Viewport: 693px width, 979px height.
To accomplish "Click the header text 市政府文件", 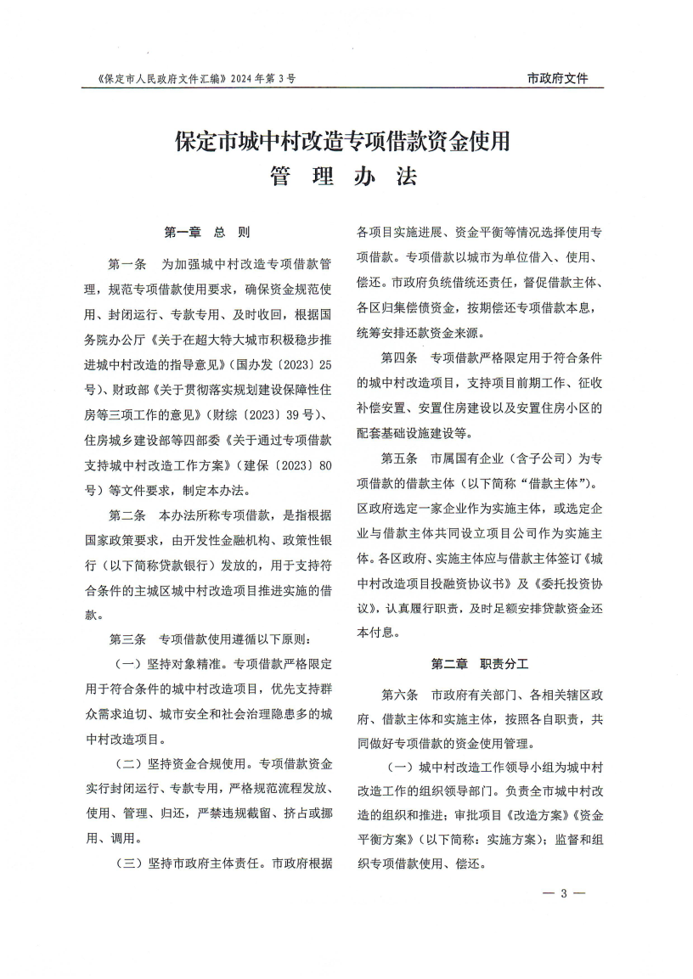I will [557, 79].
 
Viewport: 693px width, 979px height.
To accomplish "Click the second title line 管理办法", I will [344, 177].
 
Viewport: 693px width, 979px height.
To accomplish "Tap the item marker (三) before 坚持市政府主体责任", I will [127, 864].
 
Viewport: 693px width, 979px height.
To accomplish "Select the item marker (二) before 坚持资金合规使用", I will [127, 762].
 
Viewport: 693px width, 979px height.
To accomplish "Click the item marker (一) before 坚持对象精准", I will [127, 662].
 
